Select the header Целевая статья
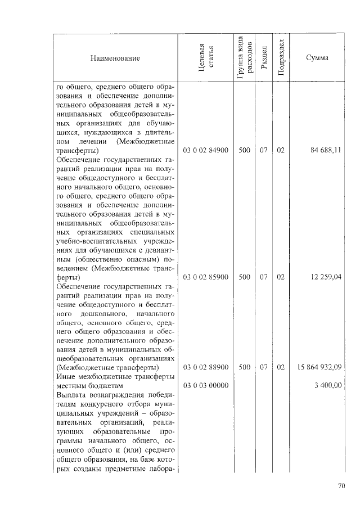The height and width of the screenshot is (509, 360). [x=206, y=58]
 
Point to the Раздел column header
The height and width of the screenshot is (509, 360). [x=263, y=58]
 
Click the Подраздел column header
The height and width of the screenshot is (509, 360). [x=281, y=58]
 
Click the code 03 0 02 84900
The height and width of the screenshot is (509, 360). [x=206, y=151]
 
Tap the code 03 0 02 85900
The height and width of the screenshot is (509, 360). [x=206, y=277]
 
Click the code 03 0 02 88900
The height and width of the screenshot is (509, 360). [x=206, y=367]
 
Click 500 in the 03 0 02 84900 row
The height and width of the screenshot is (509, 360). [x=244, y=151]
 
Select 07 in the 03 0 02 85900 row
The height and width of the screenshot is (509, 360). [x=263, y=277]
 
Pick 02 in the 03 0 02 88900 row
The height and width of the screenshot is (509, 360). [x=281, y=367]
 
